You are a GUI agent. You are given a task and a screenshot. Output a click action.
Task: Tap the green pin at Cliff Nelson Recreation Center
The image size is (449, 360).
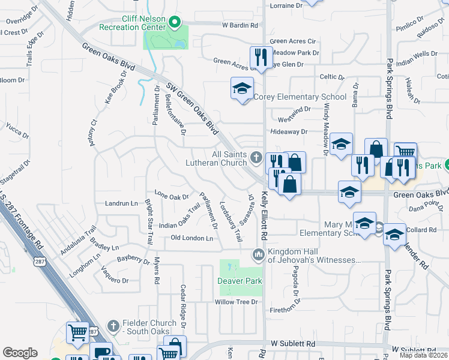point(175,23)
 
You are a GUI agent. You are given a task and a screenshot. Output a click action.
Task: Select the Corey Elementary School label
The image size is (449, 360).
point(300,97)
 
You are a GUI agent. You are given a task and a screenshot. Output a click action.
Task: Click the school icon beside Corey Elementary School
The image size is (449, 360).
point(242,89)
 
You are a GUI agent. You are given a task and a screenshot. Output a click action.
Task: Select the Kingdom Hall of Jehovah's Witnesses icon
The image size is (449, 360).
point(259,255)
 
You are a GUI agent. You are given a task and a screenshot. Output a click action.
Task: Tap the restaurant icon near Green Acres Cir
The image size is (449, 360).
point(259,56)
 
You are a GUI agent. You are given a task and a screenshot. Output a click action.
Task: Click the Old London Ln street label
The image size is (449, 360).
point(192,238)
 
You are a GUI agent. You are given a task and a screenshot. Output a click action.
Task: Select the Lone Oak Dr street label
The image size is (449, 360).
point(172,194)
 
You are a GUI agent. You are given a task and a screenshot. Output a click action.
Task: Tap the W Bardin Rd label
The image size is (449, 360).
point(240,25)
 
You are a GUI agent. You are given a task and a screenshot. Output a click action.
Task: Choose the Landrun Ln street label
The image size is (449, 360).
point(121,203)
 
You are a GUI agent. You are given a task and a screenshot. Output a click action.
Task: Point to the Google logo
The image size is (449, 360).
point(20,353)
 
